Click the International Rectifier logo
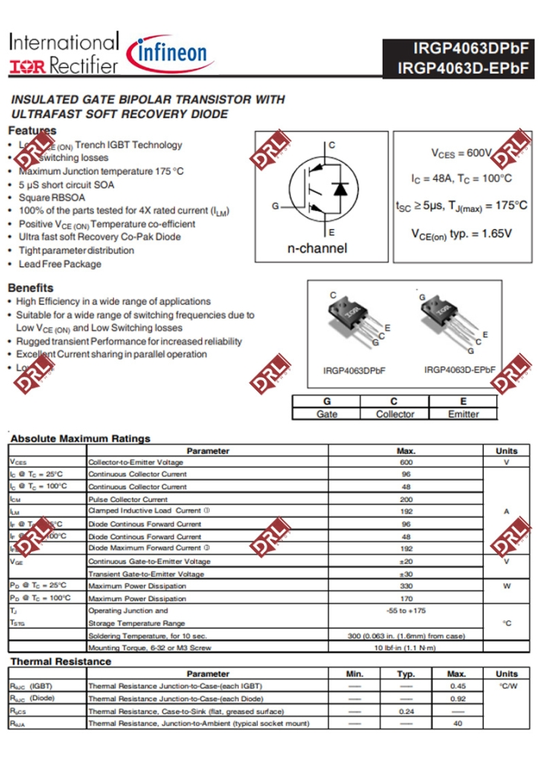pyautogui.click(x=64, y=53)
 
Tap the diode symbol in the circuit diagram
pyautogui.click(x=341, y=188)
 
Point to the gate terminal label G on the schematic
pyautogui.click(x=275, y=207)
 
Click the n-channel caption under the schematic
pyautogui.click(x=317, y=248)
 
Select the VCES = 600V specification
pyautogui.click(x=461, y=153)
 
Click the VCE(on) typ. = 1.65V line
pyautogui.click(x=461, y=233)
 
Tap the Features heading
pyautogui.click(x=32, y=130)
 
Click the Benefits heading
pyautogui.click(x=31, y=288)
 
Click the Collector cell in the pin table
pyautogui.click(x=395, y=414)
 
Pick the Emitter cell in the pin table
pyautogui.click(x=463, y=414)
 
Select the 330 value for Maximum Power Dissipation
pyautogui.click(x=406, y=586)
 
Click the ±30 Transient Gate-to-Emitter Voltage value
pyautogui.click(x=406, y=574)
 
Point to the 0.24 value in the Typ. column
pyautogui.click(x=406, y=710)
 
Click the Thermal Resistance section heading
pyautogui.click(x=60, y=662)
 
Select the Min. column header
pyautogui.click(x=355, y=674)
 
